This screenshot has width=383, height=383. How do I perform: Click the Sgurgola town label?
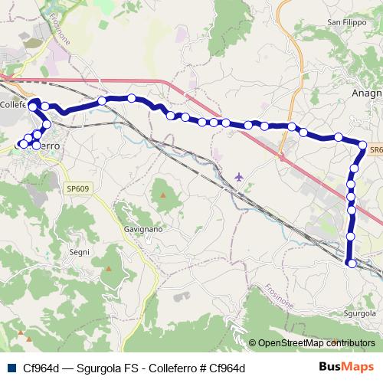click(358, 313)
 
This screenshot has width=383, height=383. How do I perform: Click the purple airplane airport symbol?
click(240, 177)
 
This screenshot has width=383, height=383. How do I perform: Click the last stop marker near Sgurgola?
click(352, 264)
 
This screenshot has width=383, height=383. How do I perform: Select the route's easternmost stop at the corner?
click(363, 143)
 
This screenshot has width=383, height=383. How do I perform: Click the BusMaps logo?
click(346, 368)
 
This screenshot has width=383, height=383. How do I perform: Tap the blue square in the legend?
click(10, 368)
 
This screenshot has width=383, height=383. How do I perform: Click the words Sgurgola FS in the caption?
click(103, 368)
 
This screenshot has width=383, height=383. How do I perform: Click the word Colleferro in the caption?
click(164, 368)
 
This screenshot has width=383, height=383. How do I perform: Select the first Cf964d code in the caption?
click(41, 368)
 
